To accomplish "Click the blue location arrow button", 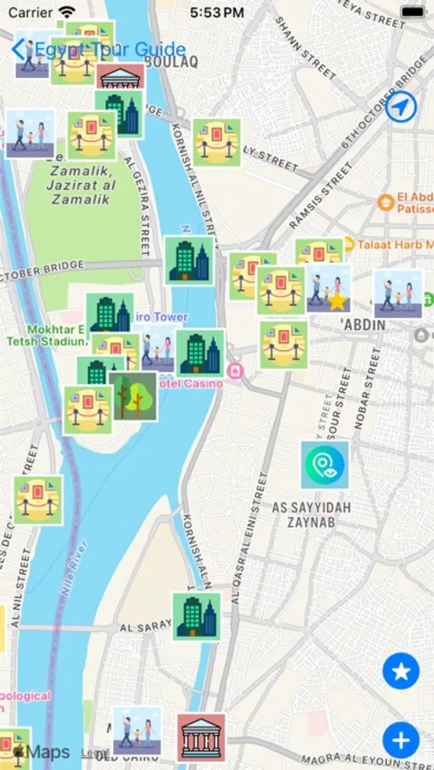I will pyautogui.click(x=400, y=108).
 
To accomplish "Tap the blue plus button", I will pyautogui.click(x=401, y=739).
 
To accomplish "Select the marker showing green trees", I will pyautogui.click(x=133, y=396).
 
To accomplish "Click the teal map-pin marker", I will pyautogui.click(x=324, y=465).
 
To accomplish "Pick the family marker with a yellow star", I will pyautogui.click(x=330, y=288).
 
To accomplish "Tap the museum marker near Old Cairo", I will pyautogui.click(x=202, y=737).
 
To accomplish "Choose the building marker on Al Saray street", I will pyautogui.click(x=196, y=616).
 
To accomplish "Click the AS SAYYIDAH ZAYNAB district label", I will pyautogui.click(x=311, y=514).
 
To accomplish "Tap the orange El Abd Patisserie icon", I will pyautogui.click(x=385, y=203).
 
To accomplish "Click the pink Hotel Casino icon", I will pyautogui.click(x=235, y=370).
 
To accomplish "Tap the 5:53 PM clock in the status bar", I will pyautogui.click(x=217, y=13).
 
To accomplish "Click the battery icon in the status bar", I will pyautogui.click(x=413, y=13).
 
